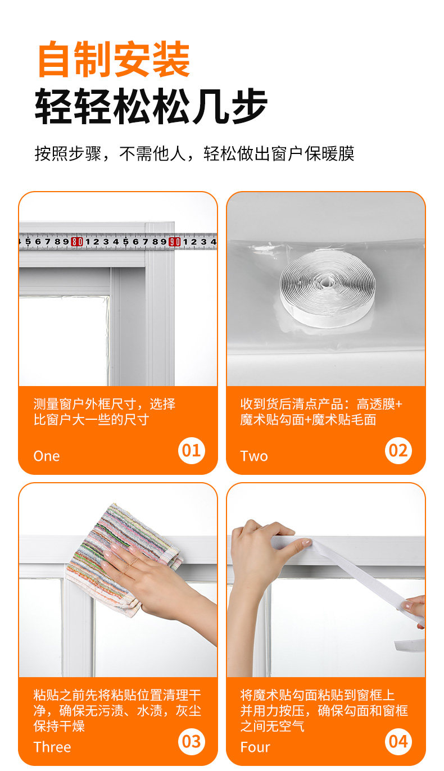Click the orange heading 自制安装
pyautogui.click(x=114, y=59)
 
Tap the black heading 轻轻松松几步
pyautogui.click(x=151, y=106)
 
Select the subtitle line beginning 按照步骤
pyautogui.click(x=194, y=153)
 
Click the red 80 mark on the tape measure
pyautogui.click(x=77, y=242)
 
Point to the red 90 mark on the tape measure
pyautogui.click(x=175, y=242)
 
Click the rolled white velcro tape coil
pyautogui.click(x=327, y=287)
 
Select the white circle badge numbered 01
pyautogui.click(x=191, y=451)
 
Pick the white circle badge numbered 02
pyautogui.click(x=398, y=451)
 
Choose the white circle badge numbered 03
pyautogui.click(x=191, y=741)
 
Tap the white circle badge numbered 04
pyautogui.click(x=398, y=741)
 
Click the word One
pyautogui.click(x=47, y=456)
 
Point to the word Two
pyautogui.click(x=254, y=456)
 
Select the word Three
pyautogui.click(x=52, y=747)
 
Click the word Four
pyautogui.click(x=255, y=747)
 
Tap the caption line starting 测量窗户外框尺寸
pyautogui.click(x=105, y=404)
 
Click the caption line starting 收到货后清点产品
pyautogui.click(x=321, y=404)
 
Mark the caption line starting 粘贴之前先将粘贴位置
pyautogui.click(x=117, y=695)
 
